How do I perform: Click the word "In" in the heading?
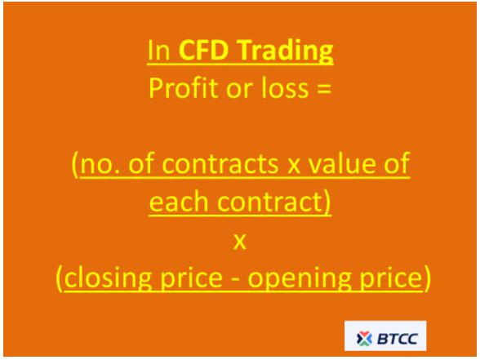point(158,51)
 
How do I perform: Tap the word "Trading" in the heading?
point(285,52)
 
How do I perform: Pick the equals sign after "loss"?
point(324,89)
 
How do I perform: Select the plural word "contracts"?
point(220,164)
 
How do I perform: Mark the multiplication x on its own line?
point(240,242)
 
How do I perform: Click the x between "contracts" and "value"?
point(293,166)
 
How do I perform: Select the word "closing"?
point(108,278)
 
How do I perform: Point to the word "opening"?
point(299,278)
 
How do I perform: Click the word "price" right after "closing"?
point(192,278)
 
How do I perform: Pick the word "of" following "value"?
point(397,163)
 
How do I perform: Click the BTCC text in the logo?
point(398,339)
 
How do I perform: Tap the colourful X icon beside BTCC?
point(364,339)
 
